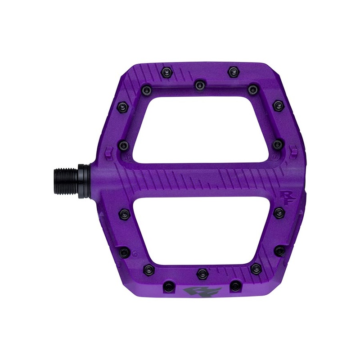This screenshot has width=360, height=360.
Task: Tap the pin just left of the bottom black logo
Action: [168, 286]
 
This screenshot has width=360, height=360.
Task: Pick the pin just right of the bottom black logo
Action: [235, 286]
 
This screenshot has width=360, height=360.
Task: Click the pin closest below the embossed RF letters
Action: [279, 212]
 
